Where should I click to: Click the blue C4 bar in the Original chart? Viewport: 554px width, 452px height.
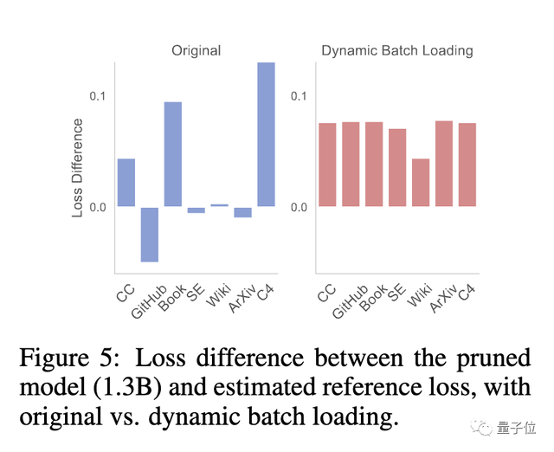pyautogui.click(x=266, y=134)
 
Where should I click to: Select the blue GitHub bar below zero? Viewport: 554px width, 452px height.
pyautogui.click(x=150, y=234)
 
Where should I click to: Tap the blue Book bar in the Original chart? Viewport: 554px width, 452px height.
pyautogui.click(x=173, y=154)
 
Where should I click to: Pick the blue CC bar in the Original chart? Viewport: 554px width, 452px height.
pyautogui.click(x=126, y=183)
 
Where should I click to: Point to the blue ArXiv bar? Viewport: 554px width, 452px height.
pyautogui.click(x=242, y=212)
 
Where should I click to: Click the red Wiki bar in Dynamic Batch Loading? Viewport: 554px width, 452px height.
pyautogui.click(x=421, y=183)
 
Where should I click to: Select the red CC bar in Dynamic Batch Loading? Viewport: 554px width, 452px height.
pyautogui.click(x=327, y=165)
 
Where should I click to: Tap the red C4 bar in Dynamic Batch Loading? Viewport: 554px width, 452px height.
pyautogui.click(x=467, y=165)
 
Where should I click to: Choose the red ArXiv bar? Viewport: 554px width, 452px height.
pyautogui.click(x=444, y=164)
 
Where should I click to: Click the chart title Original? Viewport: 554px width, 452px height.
pyautogui.click(x=196, y=50)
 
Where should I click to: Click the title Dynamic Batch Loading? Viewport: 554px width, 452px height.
pyautogui.click(x=397, y=50)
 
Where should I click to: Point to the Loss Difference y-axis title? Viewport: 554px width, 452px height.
pyautogui.click(x=78, y=167)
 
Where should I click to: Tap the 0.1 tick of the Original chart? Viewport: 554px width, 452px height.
pyautogui.click(x=97, y=95)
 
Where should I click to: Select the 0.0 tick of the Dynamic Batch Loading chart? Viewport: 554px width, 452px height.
pyautogui.click(x=299, y=208)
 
